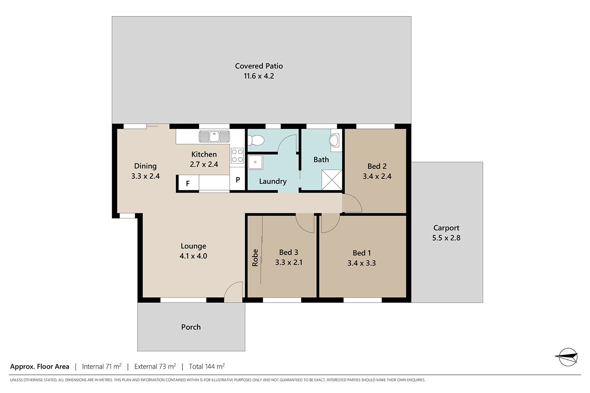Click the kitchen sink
(x=214, y=136)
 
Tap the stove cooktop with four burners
(x=237, y=156)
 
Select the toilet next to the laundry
(x=256, y=140)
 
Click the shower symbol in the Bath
(x=332, y=180)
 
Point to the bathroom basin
(x=335, y=140)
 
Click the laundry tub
(x=255, y=162)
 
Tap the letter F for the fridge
(x=188, y=184)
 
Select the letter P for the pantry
(x=238, y=180)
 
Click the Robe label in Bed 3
(x=255, y=258)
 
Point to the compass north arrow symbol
(x=568, y=357)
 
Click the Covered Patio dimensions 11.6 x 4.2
(x=259, y=76)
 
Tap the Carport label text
(x=446, y=228)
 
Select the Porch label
(x=191, y=327)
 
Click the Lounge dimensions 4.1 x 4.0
(x=194, y=256)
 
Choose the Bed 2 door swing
(x=352, y=203)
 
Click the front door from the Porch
(x=233, y=292)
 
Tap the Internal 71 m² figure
(x=101, y=366)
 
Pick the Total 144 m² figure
(x=207, y=366)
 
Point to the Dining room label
(x=146, y=166)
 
